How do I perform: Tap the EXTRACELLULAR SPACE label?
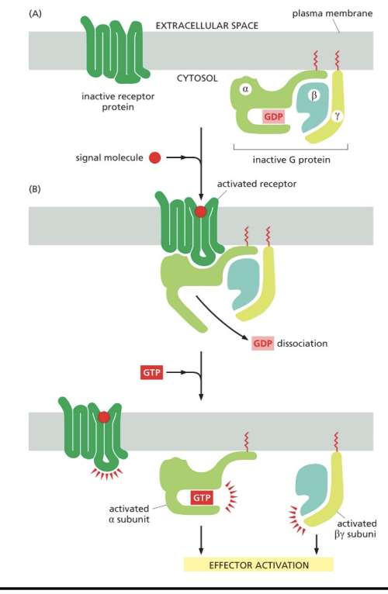coord(207,26)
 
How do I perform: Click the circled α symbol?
coord(245,90)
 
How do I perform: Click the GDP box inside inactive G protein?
coord(273,116)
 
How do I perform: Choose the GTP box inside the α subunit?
coord(202,497)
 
